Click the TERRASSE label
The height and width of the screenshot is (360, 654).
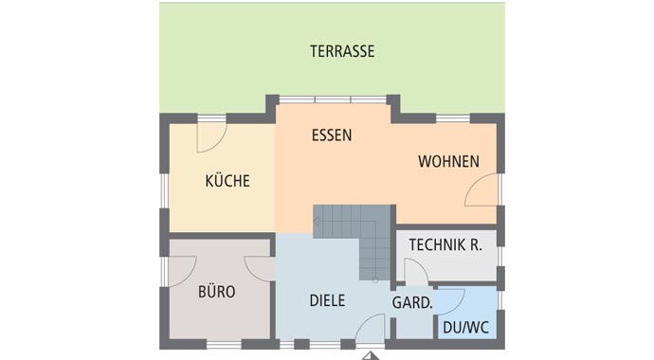[342, 51]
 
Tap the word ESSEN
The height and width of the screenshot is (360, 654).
[332, 135]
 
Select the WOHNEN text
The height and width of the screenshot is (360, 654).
[448, 162]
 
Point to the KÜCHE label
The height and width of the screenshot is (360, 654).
[227, 181]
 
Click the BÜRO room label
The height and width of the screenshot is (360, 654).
[216, 291]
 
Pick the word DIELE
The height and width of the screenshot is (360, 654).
[327, 301]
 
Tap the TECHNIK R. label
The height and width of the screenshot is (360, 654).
[445, 245]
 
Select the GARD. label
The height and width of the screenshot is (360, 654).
[412, 304]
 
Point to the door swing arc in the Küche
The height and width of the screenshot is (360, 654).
[210, 138]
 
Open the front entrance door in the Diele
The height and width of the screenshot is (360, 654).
[372, 328]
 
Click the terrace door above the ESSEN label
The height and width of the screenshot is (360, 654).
[333, 99]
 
